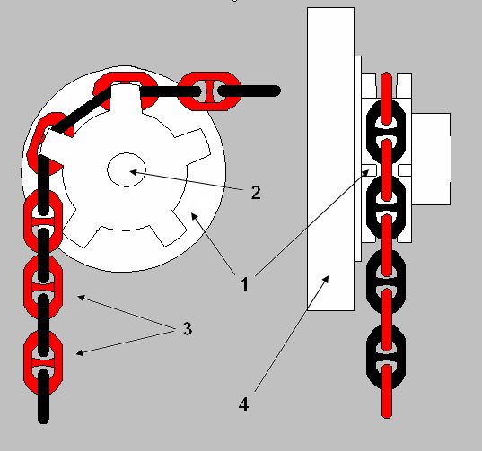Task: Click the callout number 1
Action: (244, 284)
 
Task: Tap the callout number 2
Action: (256, 193)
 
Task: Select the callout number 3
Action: (188, 328)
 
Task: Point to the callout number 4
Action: (243, 404)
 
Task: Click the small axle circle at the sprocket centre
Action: (127, 169)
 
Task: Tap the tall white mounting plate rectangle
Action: (330, 159)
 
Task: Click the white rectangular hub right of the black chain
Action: (431, 159)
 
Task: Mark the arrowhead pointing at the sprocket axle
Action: (133, 172)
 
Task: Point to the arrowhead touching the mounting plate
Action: (326, 279)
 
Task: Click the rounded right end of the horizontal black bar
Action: (276, 91)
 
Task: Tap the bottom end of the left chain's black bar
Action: (43, 420)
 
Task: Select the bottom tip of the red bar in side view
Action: (387, 415)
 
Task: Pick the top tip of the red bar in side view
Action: (386, 75)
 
